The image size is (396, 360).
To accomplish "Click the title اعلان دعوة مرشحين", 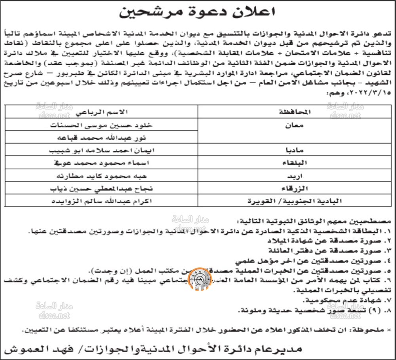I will click(x=198, y=12).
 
